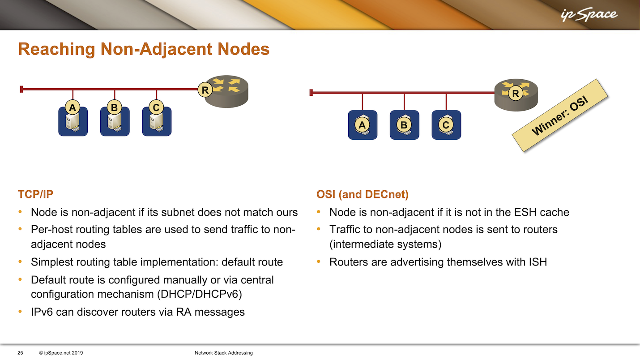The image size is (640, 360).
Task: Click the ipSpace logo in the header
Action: [589, 15]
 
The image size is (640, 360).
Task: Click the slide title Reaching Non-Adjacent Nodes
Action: [144, 49]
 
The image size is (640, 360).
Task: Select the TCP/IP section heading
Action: [35, 194]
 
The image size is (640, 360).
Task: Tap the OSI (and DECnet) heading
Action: [362, 194]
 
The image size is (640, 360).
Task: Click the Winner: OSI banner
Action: [560, 115]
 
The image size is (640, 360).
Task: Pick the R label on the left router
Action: [205, 90]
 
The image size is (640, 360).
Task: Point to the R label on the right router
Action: [516, 94]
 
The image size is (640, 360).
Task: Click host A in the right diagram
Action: [363, 125]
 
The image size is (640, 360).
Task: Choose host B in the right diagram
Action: [404, 125]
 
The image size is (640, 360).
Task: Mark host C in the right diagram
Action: [446, 125]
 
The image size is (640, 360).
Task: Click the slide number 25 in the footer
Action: [20, 353]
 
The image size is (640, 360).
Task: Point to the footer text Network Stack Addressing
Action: [224, 353]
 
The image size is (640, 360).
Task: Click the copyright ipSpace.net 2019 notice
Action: [61, 353]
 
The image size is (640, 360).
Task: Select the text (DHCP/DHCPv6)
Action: [200, 294]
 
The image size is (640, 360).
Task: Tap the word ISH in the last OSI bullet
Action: [538, 262]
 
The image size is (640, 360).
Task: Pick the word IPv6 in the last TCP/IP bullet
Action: [42, 312]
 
